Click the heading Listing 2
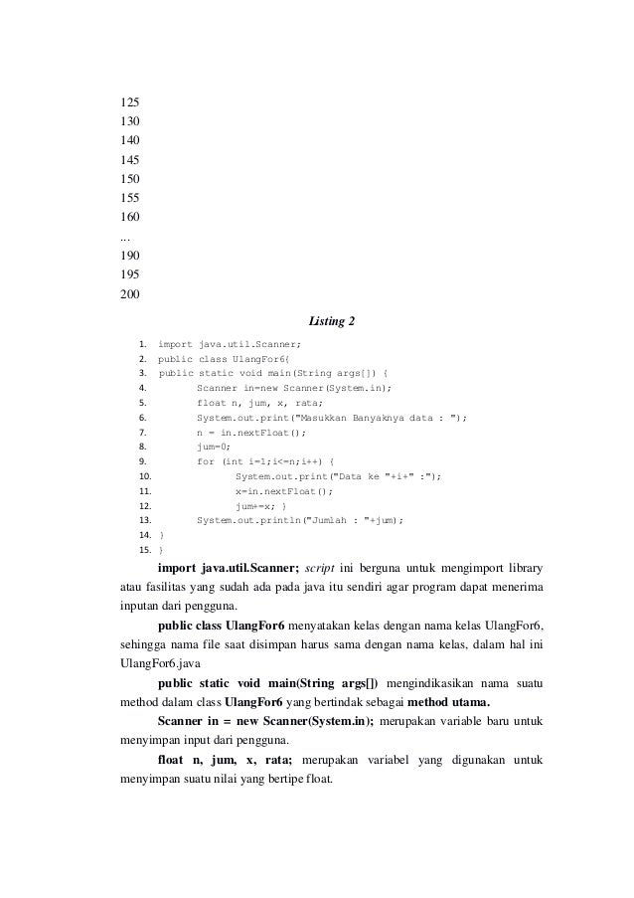tap(332, 320)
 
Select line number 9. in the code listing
tap(143, 461)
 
